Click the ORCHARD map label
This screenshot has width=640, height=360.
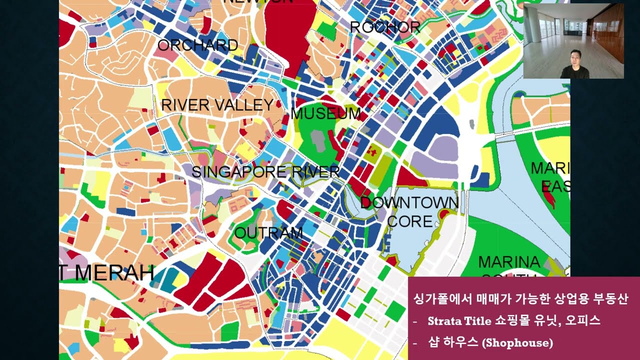[197, 45]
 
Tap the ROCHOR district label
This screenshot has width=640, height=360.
[384, 27]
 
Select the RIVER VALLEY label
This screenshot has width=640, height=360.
[217, 105]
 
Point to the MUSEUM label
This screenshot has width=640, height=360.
[325, 113]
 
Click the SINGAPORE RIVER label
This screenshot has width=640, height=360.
[265, 172]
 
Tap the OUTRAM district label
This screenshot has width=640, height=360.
[268, 233]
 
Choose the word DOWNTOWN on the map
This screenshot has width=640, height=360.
[409, 203]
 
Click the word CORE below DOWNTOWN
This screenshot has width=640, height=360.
[409, 221]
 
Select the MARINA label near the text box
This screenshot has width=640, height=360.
[509, 262]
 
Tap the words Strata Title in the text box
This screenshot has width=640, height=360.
[459, 321]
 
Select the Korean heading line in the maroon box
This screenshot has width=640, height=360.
[520, 299]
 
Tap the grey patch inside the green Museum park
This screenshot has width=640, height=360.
[317, 139]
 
